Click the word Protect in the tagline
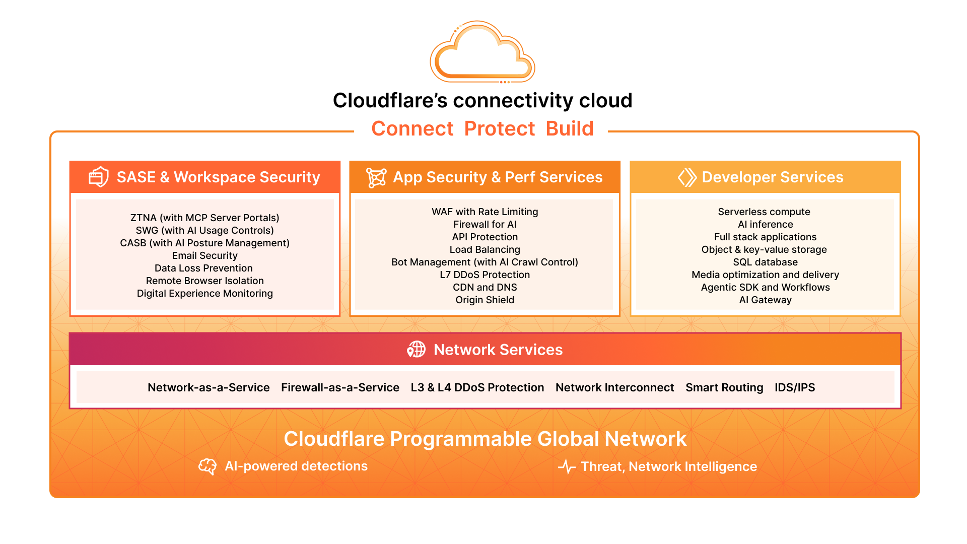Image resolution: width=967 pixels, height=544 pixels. click(499, 129)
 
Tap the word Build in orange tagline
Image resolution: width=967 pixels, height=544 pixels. click(570, 129)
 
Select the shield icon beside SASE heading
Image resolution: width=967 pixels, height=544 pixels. click(99, 177)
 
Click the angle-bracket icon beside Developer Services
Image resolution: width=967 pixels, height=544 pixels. click(687, 177)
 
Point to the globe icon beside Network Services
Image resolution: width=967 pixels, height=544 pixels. click(417, 349)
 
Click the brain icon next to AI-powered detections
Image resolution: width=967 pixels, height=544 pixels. click(208, 466)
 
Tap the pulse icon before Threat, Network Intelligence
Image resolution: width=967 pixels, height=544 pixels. click(567, 467)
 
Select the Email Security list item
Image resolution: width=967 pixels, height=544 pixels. click(204, 256)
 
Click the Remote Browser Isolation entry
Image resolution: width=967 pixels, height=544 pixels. click(204, 281)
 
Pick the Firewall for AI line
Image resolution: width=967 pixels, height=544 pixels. click(485, 225)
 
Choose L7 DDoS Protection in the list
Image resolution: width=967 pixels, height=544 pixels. click(485, 275)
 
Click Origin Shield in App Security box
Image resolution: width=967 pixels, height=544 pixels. click(485, 300)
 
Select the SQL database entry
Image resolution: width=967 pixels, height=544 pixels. click(765, 262)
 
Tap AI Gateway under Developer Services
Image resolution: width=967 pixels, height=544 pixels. click(765, 300)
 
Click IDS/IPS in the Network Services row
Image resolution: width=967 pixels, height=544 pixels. click(794, 387)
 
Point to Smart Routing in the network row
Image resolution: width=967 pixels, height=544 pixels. click(724, 387)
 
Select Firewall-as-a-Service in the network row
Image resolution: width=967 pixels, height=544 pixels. click(340, 387)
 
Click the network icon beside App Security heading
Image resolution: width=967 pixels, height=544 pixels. click(376, 178)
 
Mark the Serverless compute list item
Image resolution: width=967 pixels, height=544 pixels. click(764, 212)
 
